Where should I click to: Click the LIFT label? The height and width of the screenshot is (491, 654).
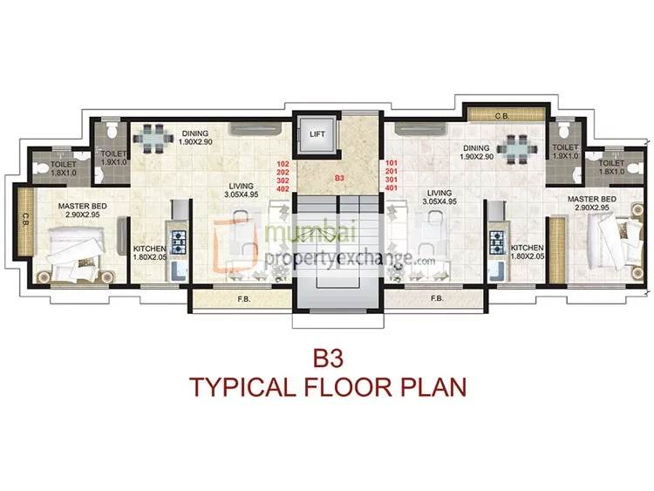pos(317,134)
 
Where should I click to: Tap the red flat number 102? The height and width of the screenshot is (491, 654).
pos(283,164)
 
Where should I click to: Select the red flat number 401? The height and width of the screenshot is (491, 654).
pos(392,188)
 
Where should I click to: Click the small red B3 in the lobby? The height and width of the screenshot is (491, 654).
pos(339,178)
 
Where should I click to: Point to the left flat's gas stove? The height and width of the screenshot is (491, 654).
pos(179,242)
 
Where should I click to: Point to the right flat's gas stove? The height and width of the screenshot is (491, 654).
pos(497,242)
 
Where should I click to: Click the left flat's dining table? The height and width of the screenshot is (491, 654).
pos(153,138)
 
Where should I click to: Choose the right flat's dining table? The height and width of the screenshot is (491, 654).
pos(518,149)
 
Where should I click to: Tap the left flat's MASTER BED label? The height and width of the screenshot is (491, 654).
pos(83,206)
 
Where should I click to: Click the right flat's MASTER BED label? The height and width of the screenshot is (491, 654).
pos(591,200)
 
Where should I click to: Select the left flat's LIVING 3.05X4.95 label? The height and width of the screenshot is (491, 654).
pos(241,190)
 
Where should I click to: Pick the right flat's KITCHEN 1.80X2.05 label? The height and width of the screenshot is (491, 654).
pos(528,252)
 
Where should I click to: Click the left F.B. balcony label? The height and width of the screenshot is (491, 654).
pos(244,299)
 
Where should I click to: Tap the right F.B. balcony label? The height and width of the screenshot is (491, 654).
pos(437,298)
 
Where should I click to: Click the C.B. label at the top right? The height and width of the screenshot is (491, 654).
pos(502,116)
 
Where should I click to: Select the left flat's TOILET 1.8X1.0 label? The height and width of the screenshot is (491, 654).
pos(64,168)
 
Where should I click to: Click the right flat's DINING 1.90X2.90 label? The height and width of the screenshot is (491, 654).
pos(477,153)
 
